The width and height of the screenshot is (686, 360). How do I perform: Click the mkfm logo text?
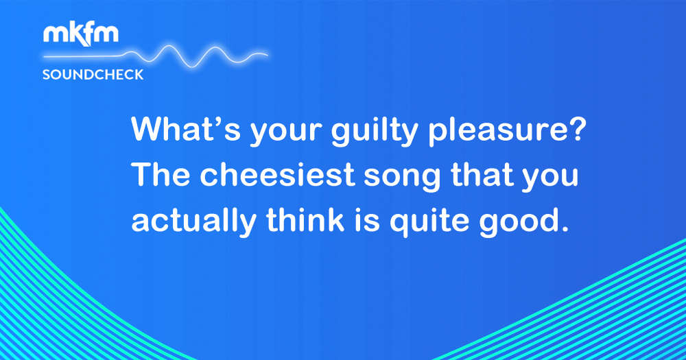point(80,34)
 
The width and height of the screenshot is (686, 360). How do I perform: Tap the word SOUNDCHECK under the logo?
point(93,75)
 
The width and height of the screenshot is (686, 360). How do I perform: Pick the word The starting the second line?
point(161,175)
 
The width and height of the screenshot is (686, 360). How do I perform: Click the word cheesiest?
point(277,175)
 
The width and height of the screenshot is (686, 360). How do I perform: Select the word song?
point(402,178)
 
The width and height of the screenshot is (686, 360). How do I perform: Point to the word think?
point(305,219)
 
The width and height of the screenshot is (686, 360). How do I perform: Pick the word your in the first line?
point(286,134)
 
